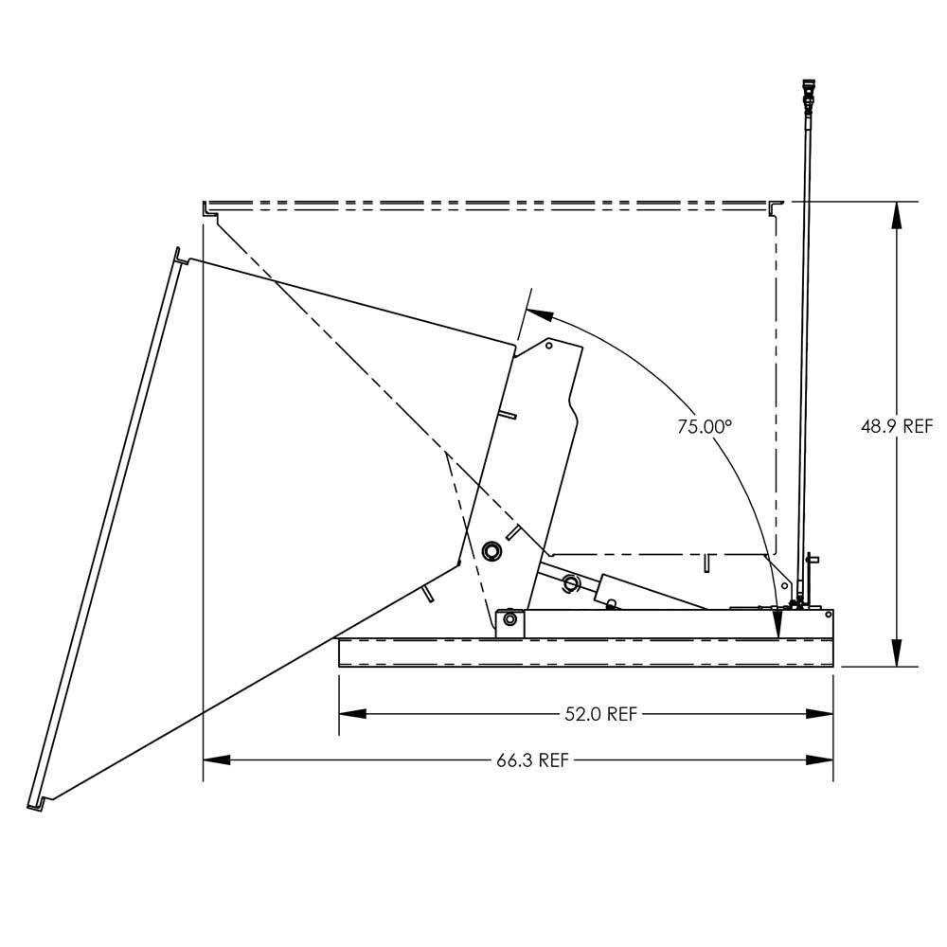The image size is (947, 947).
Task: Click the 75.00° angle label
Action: pyautogui.click(x=705, y=426)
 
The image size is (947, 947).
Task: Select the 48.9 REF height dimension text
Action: pyautogui.click(x=896, y=426)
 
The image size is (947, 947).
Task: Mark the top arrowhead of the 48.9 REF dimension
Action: pyautogui.click(x=896, y=212)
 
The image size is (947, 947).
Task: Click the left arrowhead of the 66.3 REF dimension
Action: pyautogui.click(x=216, y=759)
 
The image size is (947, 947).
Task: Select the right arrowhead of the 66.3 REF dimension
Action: pyautogui.click(x=822, y=759)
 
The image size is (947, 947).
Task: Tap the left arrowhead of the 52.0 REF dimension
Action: pyautogui.click(x=351, y=714)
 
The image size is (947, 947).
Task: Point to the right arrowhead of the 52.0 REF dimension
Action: pyautogui.click(x=822, y=714)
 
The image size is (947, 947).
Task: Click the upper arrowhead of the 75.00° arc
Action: pyautogui.click(x=534, y=310)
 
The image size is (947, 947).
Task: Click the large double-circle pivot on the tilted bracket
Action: pyautogui.click(x=491, y=550)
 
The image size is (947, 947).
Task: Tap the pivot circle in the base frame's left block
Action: pyautogui.click(x=510, y=619)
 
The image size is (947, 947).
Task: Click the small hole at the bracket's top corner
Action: pyautogui.click(x=549, y=347)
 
